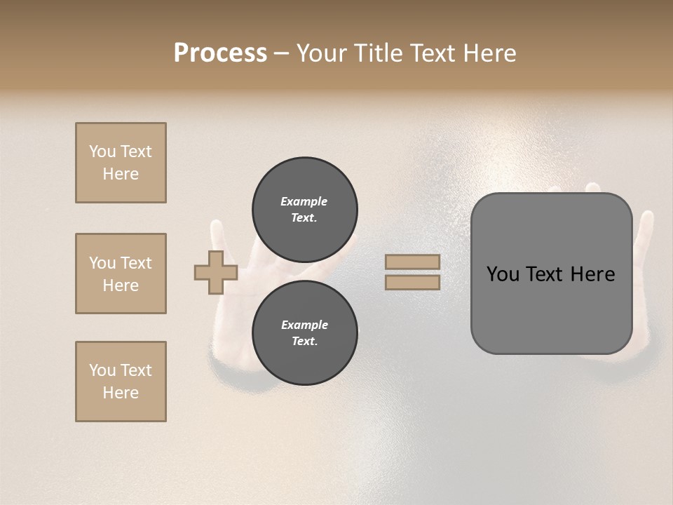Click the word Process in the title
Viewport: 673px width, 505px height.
point(220,53)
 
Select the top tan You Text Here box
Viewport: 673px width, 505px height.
point(121,163)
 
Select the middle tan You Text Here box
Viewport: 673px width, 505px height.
point(121,274)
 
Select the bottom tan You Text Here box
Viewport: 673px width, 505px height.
point(121,381)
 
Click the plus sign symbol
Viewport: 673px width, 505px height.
point(215,272)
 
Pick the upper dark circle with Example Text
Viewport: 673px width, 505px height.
point(305,209)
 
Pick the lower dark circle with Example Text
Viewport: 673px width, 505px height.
point(305,332)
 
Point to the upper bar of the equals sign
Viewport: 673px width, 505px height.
point(413,262)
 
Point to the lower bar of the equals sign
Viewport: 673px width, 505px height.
point(413,282)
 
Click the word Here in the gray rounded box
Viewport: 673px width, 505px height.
point(592,274)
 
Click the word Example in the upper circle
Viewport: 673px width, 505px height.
point(304,201)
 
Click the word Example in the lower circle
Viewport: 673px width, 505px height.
point(304,325)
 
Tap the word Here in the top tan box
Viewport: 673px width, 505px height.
point(121,174)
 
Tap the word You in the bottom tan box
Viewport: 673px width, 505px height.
point(102,370)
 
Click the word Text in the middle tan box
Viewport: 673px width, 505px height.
point(135,263)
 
